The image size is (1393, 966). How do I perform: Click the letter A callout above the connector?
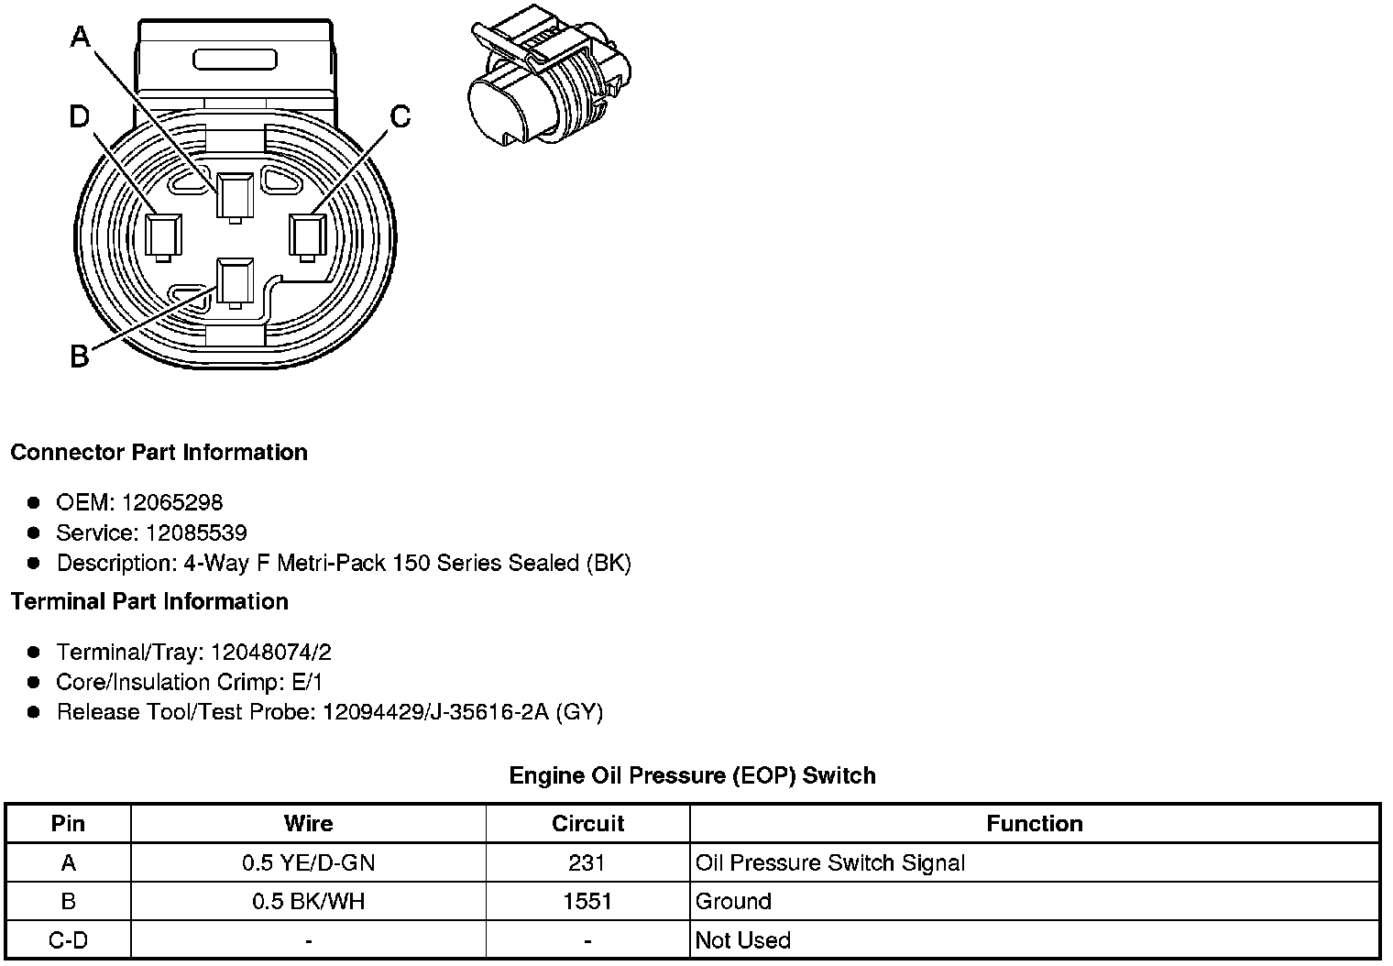coord(81,37)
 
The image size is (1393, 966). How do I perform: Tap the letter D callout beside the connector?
coord(80,116)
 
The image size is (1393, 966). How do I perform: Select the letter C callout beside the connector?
coord(400,116)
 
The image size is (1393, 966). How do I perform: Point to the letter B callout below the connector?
coord(79,357)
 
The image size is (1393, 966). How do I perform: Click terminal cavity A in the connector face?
coord(235,197)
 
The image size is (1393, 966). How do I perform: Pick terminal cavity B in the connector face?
coord(235,283)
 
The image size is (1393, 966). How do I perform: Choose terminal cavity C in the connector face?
coord(308,237)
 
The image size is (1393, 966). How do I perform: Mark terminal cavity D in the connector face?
coord(163,237)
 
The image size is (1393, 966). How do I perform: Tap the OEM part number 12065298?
coord(171,502)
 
